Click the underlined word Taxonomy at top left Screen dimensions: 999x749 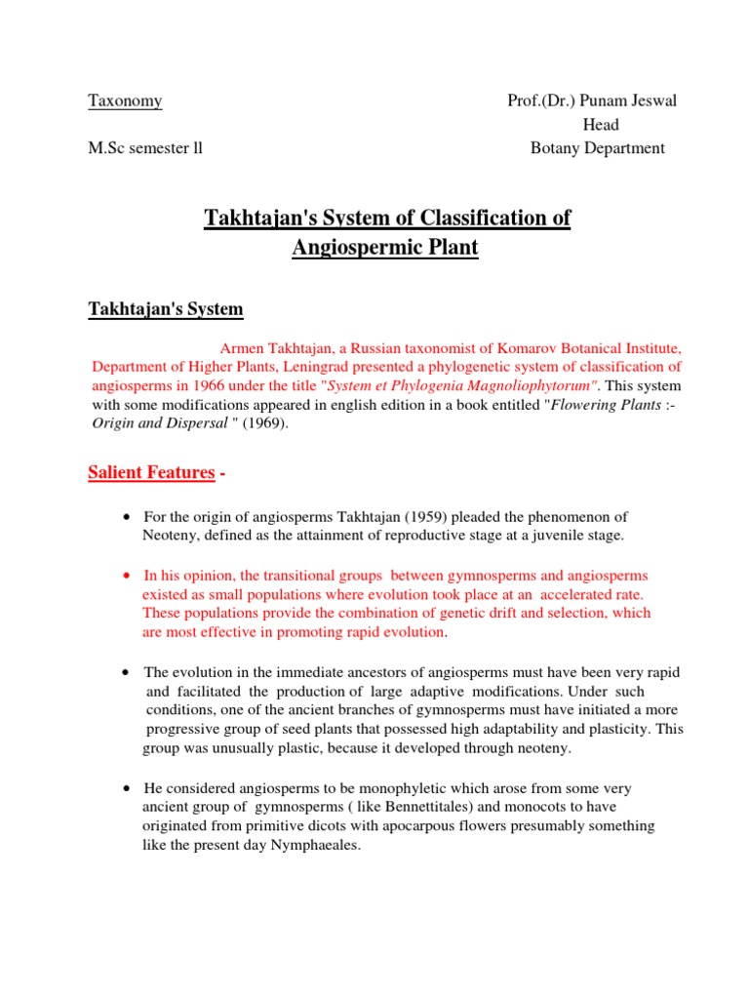(125, 100)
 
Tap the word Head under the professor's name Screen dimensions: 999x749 (601, 125)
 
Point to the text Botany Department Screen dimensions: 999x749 (597, 148)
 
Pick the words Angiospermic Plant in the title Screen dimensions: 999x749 (386, 247)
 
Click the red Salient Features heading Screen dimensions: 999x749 (151, 472)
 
